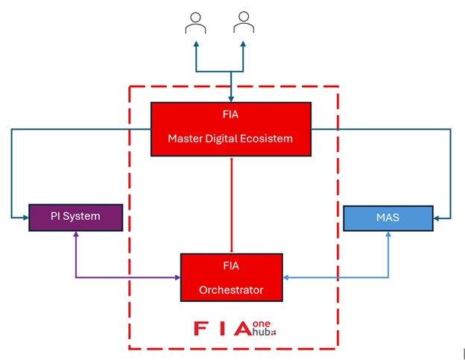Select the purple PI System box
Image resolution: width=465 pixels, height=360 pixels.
click(x=75, y=217)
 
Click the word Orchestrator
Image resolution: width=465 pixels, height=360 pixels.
click(x=231, y=289)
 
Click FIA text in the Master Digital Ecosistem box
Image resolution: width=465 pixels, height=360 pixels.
click(x=230, y=115)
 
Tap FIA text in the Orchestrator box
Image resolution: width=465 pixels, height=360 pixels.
click(x=231, y=266)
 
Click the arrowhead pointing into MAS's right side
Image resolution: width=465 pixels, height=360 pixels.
click(x=437, y=218)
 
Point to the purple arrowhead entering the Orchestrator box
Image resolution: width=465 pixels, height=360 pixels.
click(x=177, y=278)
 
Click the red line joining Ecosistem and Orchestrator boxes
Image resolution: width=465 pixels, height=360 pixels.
click(x=232, y=205)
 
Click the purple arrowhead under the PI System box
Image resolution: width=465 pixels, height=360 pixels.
click(x=75, y=236)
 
